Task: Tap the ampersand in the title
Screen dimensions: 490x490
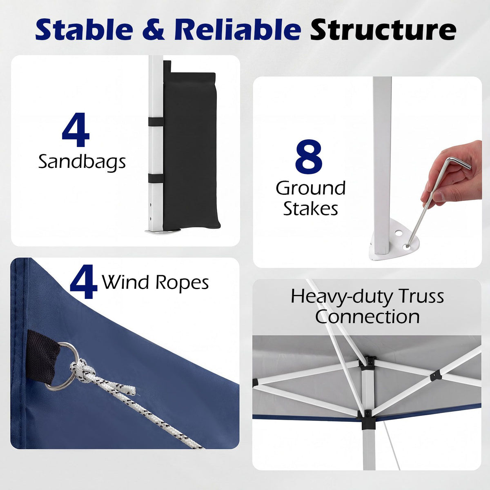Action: tap(154, 30)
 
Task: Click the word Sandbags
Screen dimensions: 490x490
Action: tap(82, 162)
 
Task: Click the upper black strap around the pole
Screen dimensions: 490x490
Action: tap(156, 121)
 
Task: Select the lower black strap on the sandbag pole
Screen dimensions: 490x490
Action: tap(156, 178)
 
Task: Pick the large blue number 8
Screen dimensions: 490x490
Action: tap(309, 156)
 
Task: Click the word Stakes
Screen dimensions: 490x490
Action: tap(311, 209)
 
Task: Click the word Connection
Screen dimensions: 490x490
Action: tap(367, 317)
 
